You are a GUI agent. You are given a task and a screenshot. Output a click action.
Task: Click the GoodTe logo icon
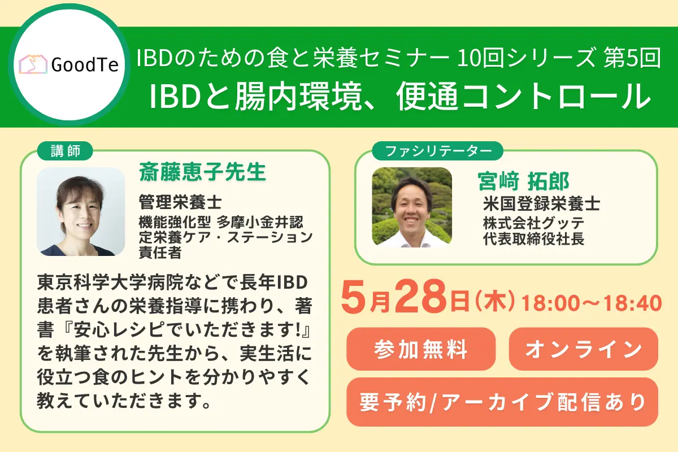(33, 66)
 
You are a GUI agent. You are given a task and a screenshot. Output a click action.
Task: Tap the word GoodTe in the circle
(84, 66)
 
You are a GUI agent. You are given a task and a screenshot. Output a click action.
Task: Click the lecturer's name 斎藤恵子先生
(202, 172)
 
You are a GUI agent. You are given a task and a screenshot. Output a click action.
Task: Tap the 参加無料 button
(421, 349)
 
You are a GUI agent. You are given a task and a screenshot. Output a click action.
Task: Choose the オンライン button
(584, 349)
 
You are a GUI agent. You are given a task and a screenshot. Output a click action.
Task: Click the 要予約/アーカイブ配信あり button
(502, 402)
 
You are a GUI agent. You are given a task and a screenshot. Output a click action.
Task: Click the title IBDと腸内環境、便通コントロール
(399, 96)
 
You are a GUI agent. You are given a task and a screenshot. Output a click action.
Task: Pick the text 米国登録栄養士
(541, 203)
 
